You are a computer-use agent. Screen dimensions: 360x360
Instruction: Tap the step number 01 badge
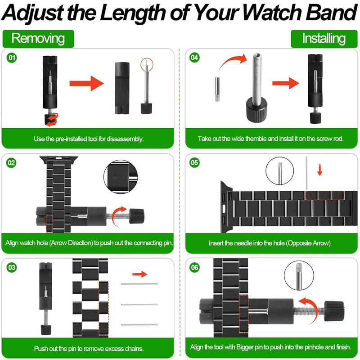pyautogui.click(x=12, y=58)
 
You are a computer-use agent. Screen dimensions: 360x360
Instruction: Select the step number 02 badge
pyautogui.click(x=12, y=162)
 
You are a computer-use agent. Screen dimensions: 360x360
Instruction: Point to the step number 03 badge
pyautogui.click(x=12, y=267)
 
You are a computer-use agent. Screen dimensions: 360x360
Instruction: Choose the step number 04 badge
pyautogui.click(x=194, y=58)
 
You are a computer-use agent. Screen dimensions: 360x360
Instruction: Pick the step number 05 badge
pyautogui.click(x=194, y=162)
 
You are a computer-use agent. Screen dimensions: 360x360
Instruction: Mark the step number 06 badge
pyautogui.click(x=194, y=267)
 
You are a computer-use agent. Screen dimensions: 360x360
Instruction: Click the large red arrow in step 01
pyautogui.click(x=86, y=83)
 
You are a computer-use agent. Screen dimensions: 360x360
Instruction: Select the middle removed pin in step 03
pyautogui.click(x=140, y=304)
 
